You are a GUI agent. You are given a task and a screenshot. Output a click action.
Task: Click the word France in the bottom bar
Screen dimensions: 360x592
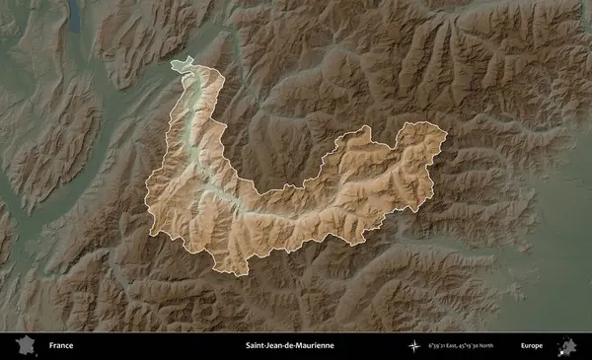pos(60,346)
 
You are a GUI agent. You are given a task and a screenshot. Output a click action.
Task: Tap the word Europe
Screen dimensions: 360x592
pos(532,346)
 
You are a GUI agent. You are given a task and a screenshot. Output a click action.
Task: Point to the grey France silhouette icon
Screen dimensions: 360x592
pos(25,346)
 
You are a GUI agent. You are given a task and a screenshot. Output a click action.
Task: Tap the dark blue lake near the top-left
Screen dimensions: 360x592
pos(75,12)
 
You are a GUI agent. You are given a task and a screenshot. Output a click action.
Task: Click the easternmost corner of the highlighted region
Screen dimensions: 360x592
pos(446,133)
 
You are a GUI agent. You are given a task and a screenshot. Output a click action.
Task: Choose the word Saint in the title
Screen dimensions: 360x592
pos(256,346)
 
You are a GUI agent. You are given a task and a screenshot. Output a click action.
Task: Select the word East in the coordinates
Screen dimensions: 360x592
pos(460,346)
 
